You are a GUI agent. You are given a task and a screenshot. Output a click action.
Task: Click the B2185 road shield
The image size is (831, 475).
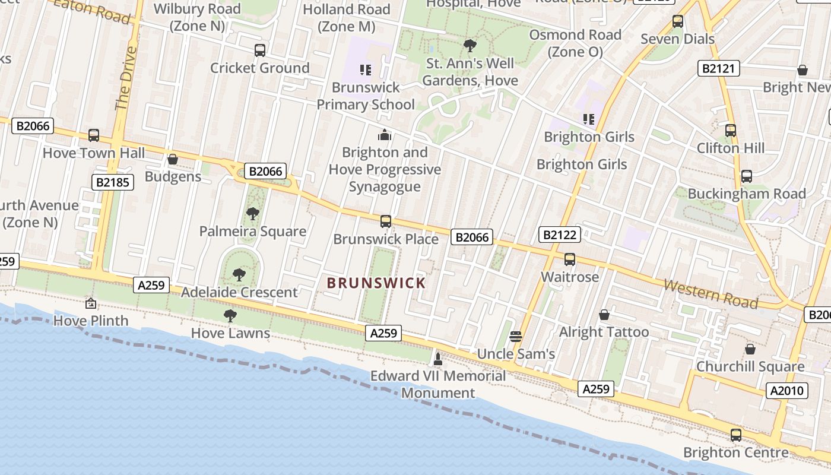click(x=113, y=182)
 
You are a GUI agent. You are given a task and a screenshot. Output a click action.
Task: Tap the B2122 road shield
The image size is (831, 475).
click(x=560, y=235)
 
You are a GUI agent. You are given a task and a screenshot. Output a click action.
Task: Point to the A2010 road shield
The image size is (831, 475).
click(x=787, y=391)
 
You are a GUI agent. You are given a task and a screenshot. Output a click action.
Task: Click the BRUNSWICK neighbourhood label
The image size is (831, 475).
click(x=376, y=283)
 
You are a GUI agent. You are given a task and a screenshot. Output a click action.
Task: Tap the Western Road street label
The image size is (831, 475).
click(x=711, y=294)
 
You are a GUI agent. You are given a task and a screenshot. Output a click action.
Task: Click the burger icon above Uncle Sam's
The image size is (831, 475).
click(x=515, y=337)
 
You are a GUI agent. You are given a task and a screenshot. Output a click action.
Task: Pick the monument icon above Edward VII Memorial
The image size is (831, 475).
click(x=438, y=359)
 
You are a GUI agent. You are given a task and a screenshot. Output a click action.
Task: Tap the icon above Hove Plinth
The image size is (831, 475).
click(x=90, y=303)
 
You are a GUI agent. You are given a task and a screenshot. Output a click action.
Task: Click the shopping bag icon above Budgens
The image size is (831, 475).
click(x=173, y=159)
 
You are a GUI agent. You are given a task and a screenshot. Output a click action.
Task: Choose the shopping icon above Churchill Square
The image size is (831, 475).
click(x=750, y=349)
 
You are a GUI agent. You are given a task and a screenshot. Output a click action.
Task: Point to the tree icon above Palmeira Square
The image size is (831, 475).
click(x=253, y=214)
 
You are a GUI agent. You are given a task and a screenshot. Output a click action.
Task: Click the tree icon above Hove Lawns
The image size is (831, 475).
click(x=230, y=316)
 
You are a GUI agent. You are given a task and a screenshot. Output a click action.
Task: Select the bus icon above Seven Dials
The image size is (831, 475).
click(x=678, y=22)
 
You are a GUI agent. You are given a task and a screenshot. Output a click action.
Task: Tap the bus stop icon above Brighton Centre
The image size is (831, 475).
click(x=736, y=435)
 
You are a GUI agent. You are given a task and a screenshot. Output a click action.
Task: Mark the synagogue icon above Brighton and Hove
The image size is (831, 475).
click(x=385, y=135)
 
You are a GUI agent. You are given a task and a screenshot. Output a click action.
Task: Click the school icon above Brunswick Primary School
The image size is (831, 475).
click(x=366, y=70)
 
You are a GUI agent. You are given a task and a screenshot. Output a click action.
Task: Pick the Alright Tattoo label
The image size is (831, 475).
click(x=604, y=332)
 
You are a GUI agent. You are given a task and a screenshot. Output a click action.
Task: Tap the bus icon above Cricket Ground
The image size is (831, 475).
click(x=260, y=50)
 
